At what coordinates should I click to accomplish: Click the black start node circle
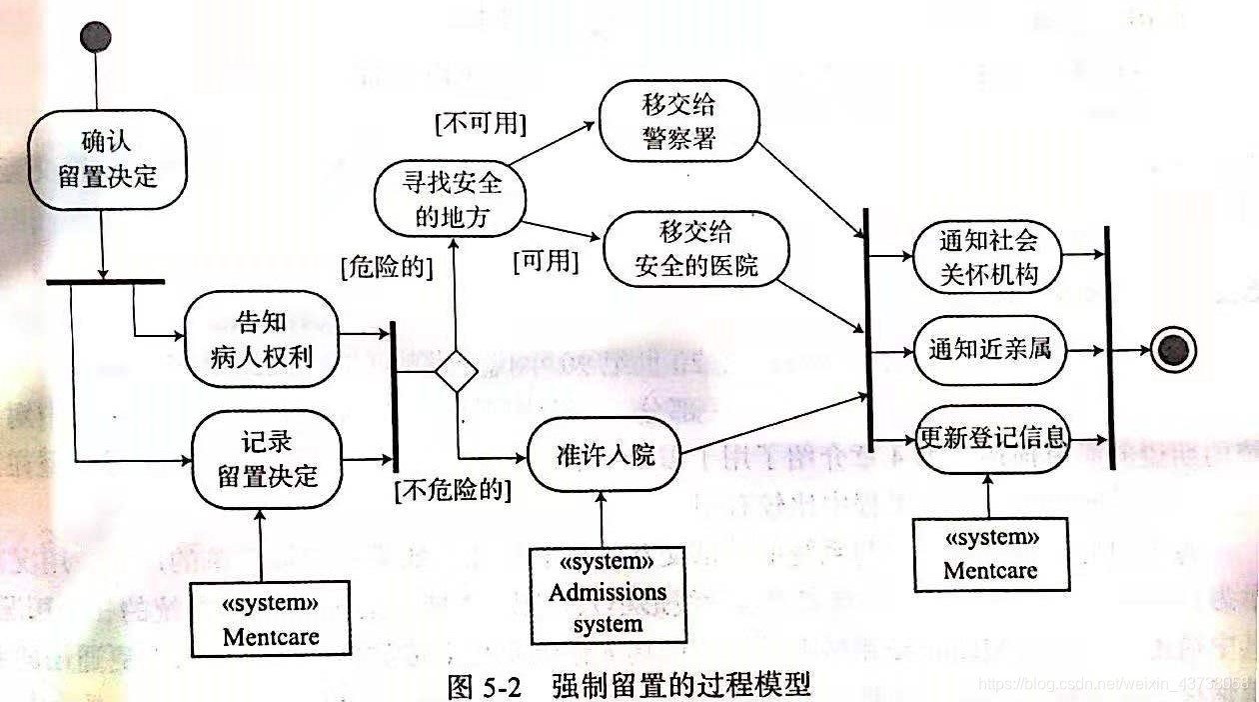[x=96, y=37]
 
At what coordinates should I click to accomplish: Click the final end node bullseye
[x=1172, y=350]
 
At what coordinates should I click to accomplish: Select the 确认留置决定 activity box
[x=107, y=160]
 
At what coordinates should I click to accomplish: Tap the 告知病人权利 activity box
[x=262, y=339]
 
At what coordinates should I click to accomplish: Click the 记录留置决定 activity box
[x=267, y=460]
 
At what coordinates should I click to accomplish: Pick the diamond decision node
[x=457, y=371]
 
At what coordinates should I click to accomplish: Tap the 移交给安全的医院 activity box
[x=695, y=249]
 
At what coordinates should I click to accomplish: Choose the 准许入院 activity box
[x=605, y=456]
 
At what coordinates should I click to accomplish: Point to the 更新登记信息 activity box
[x=992, y=437]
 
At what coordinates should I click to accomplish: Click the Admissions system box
[x=607, y=592]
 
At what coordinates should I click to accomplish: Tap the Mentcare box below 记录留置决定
[x=272, y=620]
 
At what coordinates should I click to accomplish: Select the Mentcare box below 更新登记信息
[x=991, y=554]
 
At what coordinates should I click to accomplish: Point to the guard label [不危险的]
[x=453, y=491]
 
